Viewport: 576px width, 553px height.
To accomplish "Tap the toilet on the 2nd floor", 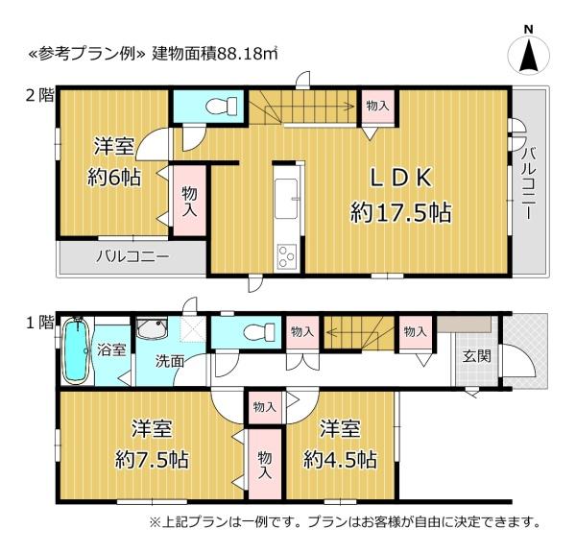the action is tap(221, 106).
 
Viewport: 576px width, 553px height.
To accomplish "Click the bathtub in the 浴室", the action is tap(77, 350).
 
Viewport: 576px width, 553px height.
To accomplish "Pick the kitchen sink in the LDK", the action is tap(286, 199).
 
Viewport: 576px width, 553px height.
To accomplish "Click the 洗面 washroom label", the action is tap(169, 361).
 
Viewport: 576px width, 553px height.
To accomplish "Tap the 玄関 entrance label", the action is tap(476, 355).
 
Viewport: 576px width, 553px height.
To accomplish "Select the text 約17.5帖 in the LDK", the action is tap(400, 212).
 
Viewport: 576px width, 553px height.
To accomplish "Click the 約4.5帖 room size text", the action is tap(340, 459).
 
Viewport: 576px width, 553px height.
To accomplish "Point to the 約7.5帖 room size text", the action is tap(152, 459).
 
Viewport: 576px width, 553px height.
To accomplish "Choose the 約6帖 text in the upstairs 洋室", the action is tap(114, 179).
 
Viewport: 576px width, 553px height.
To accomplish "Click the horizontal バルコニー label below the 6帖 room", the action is tap(133, 257).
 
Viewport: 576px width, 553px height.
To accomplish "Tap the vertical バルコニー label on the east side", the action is tap(527, 182).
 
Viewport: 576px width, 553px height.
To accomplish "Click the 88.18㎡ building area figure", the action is tap(248, 54).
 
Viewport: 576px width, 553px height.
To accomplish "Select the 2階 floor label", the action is tap(40, 96).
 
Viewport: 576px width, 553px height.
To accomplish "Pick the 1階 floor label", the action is tap(40, 323).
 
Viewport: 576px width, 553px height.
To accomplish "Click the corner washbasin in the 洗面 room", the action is tap(152, 328).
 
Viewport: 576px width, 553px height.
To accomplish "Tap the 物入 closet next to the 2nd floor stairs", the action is tap(377, 107).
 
